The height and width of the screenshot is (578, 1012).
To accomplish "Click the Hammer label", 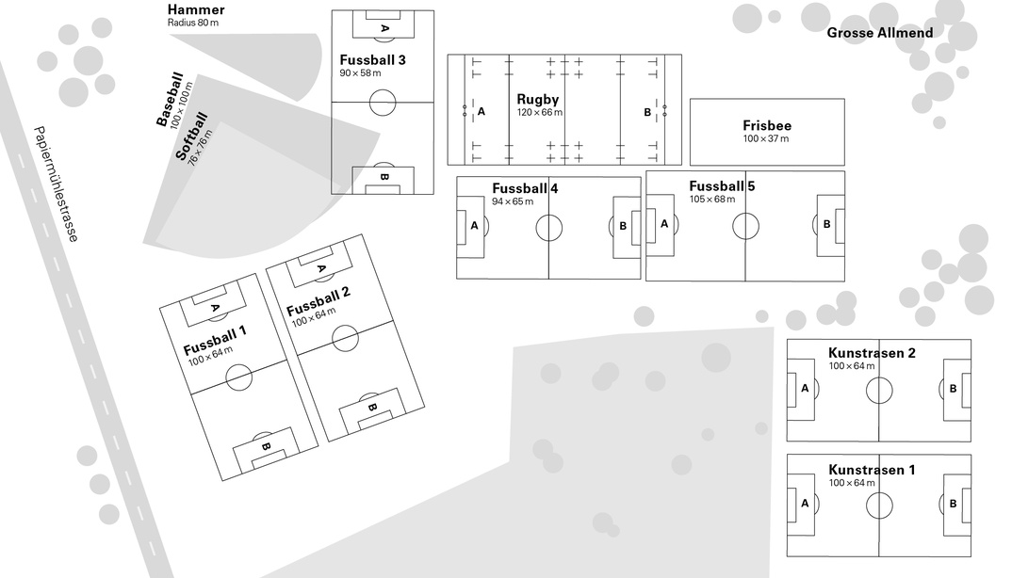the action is [x=196, y=9].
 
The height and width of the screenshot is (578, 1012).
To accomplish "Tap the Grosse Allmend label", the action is [x=880, y=33].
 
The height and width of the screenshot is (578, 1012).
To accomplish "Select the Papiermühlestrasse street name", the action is [x=56, y=185].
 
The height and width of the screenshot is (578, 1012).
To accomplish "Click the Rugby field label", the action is [x=538, y=100].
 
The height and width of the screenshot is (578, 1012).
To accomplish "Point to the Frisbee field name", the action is [x=767, y=126].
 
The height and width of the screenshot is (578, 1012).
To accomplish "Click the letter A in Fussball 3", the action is [x=384, y=28].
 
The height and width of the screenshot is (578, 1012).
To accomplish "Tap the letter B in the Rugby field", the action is [x=647, y=112].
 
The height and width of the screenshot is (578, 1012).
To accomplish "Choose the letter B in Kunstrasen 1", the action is [x=953, y=504].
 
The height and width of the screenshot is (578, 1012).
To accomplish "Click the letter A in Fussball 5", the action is [x=664, y=224].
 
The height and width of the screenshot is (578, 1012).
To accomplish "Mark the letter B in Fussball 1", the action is [x=266, y=446].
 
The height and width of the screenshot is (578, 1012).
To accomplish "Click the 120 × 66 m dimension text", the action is [x=540, y=112].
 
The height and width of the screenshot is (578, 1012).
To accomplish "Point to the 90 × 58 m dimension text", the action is [x=360, y=72].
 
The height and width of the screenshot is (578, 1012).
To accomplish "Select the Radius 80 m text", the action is [x=193, y=23].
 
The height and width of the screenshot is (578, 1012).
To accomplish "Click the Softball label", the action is [x=191, y=136].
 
